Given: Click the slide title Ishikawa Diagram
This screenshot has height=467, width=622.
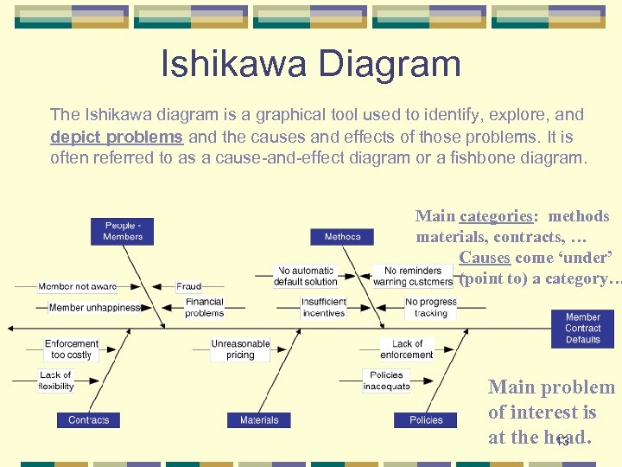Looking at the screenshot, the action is (x=310, y=65).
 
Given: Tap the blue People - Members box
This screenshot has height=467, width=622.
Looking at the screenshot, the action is (x=123, y=232).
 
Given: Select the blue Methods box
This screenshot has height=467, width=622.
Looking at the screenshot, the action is (x=342, y=236).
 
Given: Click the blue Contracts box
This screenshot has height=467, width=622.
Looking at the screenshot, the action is (x=88, y=419).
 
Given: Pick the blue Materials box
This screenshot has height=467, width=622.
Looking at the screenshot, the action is (x=259, y=419).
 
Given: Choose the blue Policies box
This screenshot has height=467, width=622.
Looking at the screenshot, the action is (x=426, y=419).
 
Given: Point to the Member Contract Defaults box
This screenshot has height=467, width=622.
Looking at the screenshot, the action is (x=583, y=329).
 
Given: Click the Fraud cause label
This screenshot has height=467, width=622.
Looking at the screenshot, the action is (x=189, y=286).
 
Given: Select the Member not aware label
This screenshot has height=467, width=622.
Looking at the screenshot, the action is (x=77, y=286).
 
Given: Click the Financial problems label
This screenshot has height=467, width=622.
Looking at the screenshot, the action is (x=204, y=308).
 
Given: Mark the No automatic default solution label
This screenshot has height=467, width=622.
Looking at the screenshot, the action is (x=306, y=276).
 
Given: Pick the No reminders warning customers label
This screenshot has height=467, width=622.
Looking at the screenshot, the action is (x=413, y=276).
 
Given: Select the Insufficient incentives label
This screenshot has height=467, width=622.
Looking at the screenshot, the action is (x=324, y=308).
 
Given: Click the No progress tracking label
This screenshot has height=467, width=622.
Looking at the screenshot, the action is (x=431, y=308).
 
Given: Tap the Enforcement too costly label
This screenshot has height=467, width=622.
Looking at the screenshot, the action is (x=72, y=349).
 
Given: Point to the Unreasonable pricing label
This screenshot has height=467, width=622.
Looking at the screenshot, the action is (x=240, y=349).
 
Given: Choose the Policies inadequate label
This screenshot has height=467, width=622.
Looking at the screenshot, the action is (x=386, y=381).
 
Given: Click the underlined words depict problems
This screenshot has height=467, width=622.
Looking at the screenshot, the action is (x=117, y=137).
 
